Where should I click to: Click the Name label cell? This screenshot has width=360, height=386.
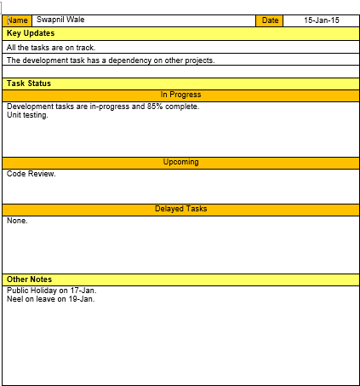click(x=18, y=20)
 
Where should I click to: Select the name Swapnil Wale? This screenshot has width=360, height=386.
click(x=60, y=20)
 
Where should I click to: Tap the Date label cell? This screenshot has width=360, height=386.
click(x=270, y=20)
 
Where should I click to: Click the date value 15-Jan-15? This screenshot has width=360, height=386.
click(x=321, y=20)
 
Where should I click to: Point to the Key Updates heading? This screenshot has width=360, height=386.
click(x=31, y=33)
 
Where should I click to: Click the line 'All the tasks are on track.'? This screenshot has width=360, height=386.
click(x=50, y=48)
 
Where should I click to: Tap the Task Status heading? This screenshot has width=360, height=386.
click(x=29, y=84)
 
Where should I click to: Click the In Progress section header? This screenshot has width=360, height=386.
click(x=180, y=95)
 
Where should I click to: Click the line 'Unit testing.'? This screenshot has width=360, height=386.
click(x=27, y=115)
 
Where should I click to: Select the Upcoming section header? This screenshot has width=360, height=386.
click(x=180, y=162)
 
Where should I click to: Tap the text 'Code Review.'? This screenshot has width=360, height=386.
click(x=31, y=174)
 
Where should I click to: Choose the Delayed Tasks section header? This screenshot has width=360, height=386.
click(x=180, y=209)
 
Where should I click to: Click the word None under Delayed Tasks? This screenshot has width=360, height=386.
click(x=17, y=221)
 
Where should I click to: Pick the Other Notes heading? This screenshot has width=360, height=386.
click(x=30, y=279)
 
